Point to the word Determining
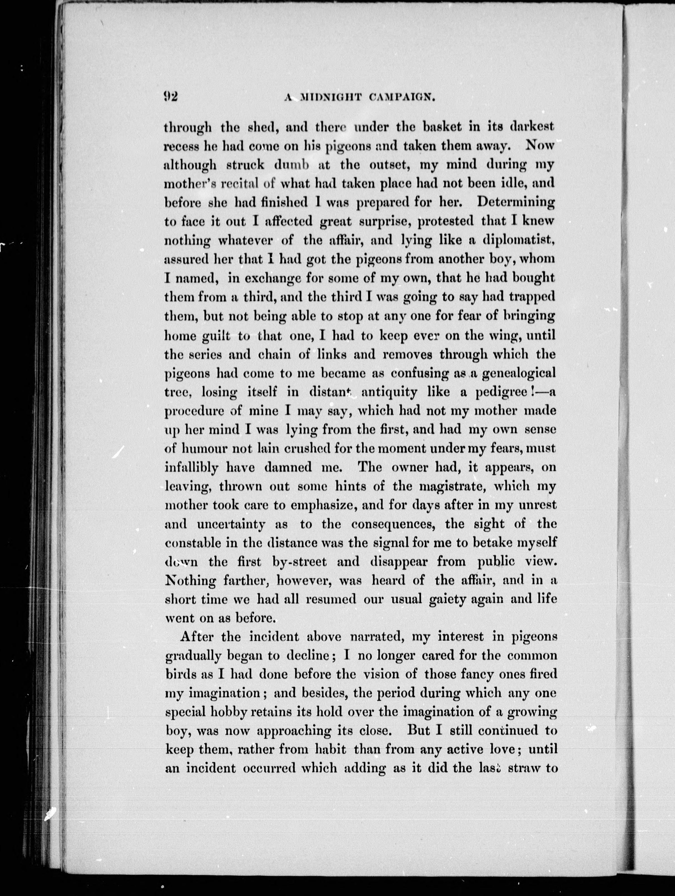point(516,203)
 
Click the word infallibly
point(191,468)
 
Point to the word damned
point(288,468)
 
